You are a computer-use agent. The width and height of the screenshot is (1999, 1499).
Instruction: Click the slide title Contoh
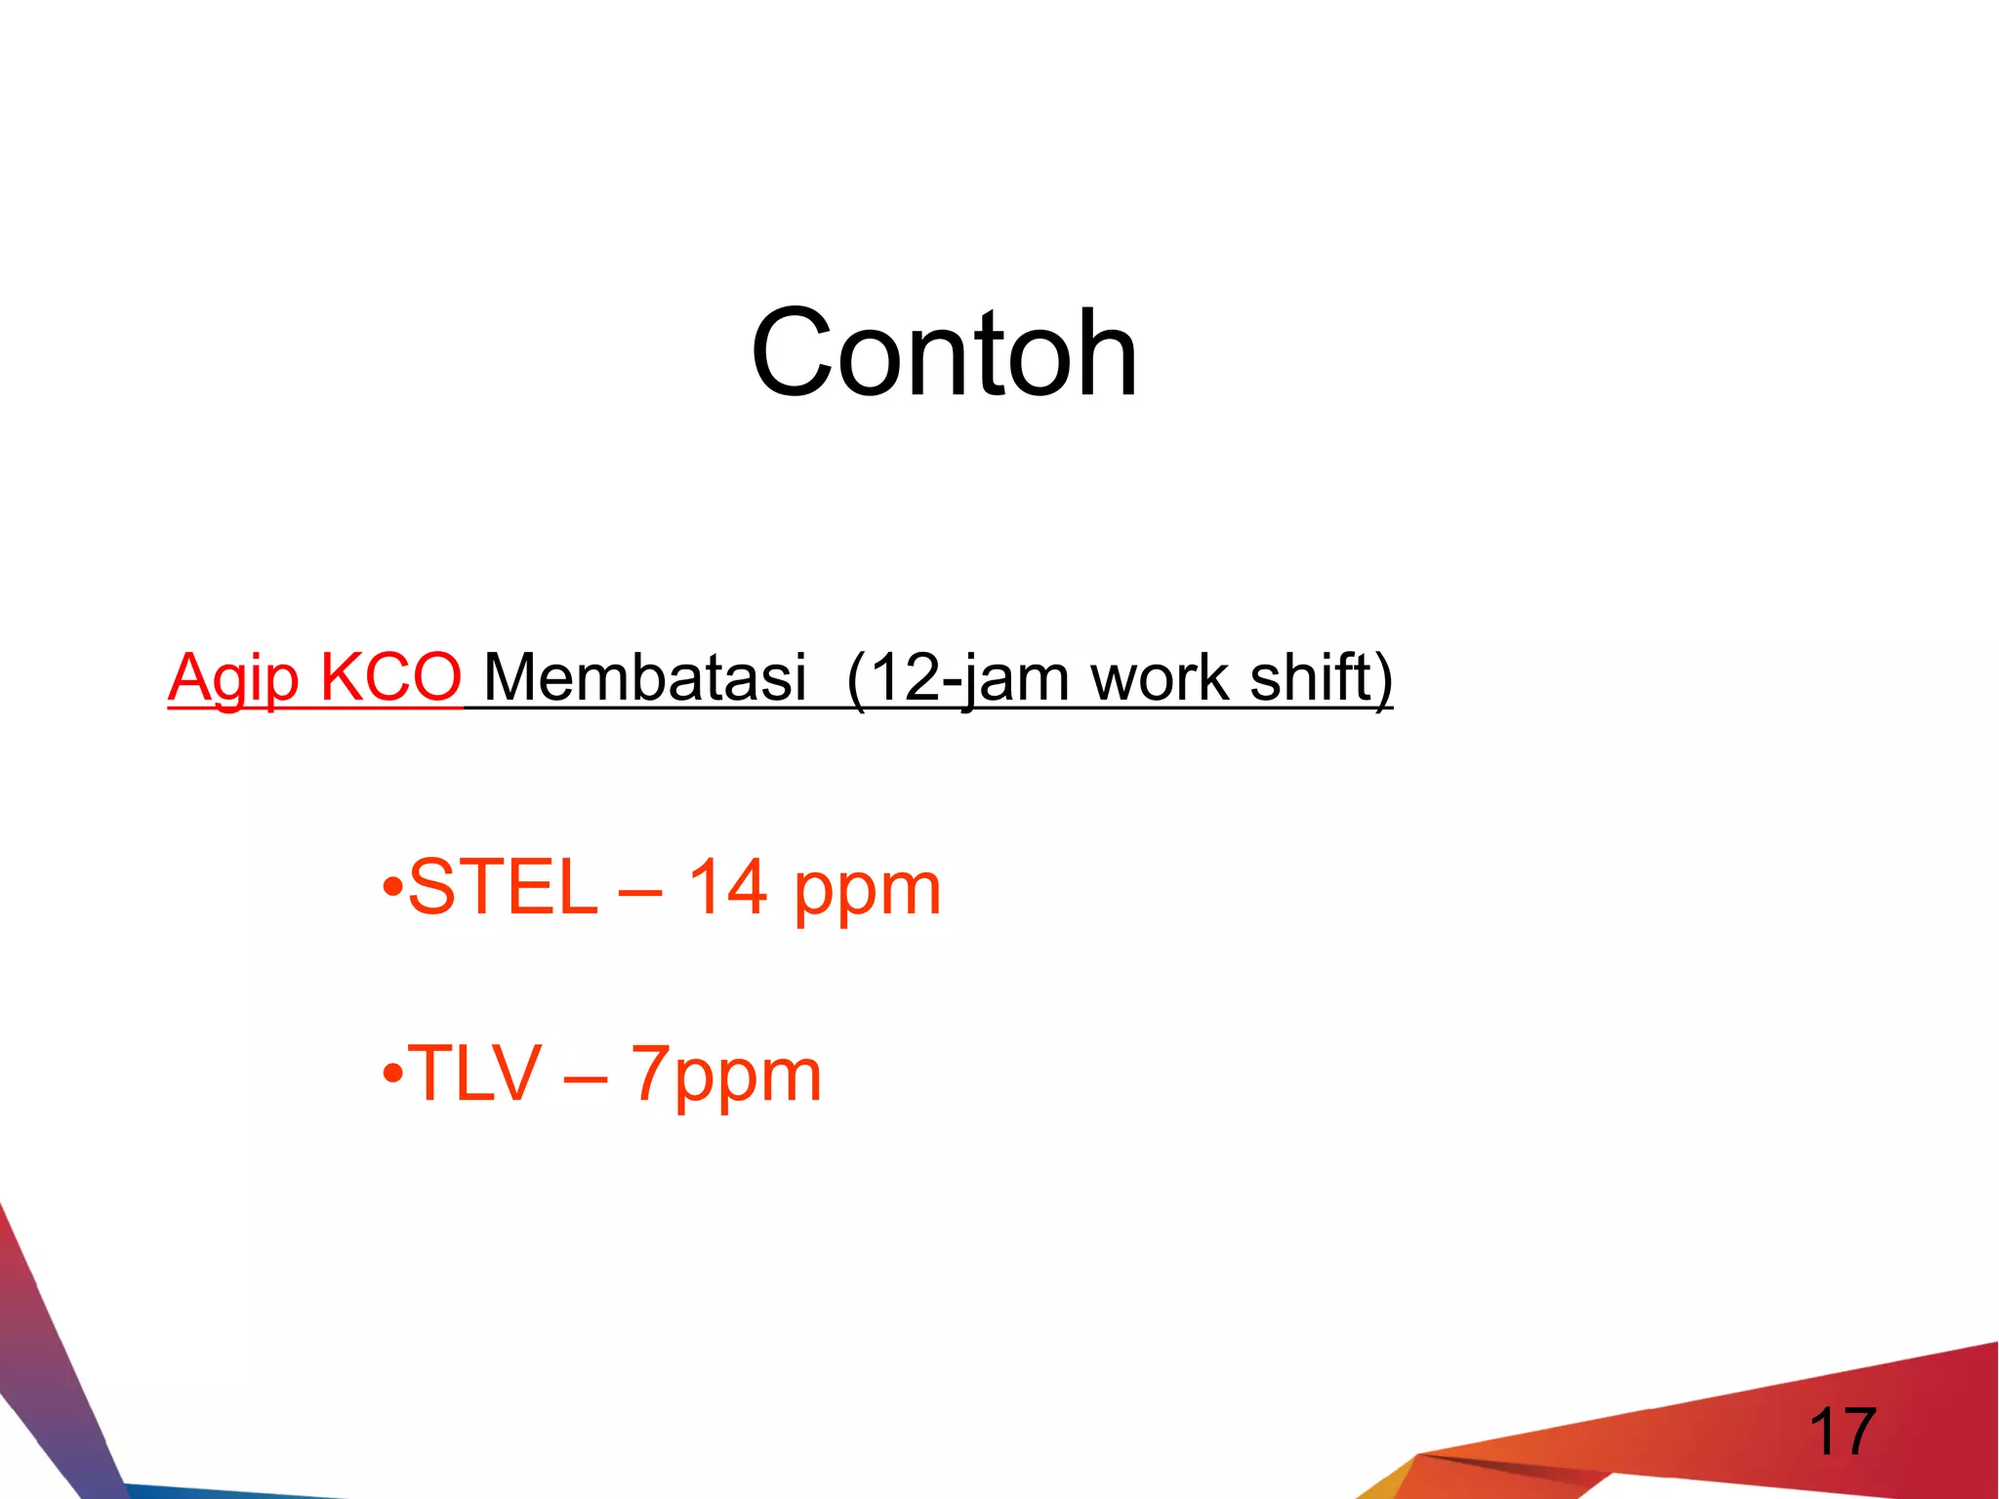pos(944,352)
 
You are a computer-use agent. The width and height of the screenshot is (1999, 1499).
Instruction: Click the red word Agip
pos(232,678)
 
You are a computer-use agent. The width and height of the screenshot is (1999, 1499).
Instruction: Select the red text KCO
pos(390,676)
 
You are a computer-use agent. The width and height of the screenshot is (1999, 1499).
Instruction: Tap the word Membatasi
pos(645,676)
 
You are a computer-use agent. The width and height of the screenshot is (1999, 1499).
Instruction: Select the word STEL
pos(503,887)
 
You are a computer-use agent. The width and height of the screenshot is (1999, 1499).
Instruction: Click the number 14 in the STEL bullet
pos(727,887)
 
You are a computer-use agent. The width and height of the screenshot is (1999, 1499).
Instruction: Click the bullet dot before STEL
pos(392,889)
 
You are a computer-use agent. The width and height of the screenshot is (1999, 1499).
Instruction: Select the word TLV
pos(475,1074)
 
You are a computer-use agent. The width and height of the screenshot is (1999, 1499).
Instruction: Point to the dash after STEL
pos(640,891)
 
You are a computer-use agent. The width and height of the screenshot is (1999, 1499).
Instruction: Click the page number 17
pos(1842,1432)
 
